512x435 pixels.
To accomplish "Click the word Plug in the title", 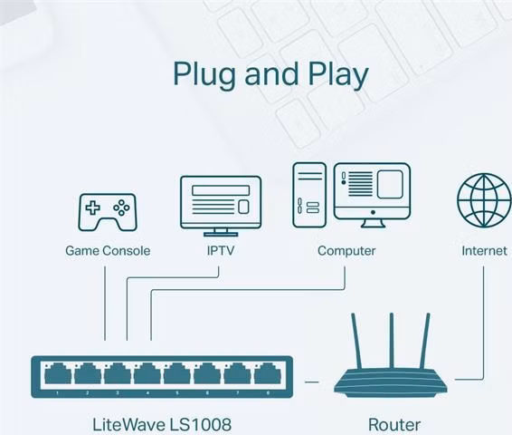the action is pos(204,75).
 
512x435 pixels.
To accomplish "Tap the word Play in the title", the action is pos(338,75).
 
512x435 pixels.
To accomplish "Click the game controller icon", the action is pos(108,212).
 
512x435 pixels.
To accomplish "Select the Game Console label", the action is pos(108,251).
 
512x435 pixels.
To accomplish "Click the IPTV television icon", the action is pos(221,206).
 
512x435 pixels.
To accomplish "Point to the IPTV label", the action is pos(221,250).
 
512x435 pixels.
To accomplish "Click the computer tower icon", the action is pos(309,195).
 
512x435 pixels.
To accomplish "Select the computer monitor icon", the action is pos(372,195).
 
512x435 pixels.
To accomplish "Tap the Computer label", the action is pos(346,251).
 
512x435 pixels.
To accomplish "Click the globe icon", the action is pos(484,200).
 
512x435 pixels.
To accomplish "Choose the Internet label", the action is pos(484,251).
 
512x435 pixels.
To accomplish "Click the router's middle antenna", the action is pos(391,341).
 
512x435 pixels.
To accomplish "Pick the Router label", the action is pos(394,424).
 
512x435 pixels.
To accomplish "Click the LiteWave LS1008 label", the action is pos(162,424).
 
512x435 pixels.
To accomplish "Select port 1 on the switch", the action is pos(58,373).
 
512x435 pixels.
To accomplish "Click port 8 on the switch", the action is pos(268,373).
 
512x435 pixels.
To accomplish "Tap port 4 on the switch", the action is pos(147,373).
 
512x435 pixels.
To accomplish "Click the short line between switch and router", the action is pos(311,382).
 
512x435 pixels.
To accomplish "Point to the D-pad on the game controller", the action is pos(93,208).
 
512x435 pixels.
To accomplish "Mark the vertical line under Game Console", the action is pos(105,304).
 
